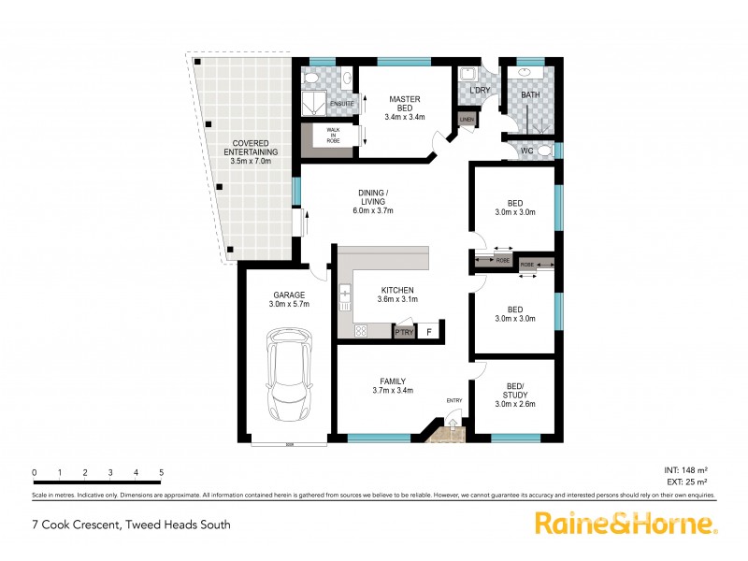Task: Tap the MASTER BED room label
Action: click(x=405, y=108)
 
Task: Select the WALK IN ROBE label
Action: click(x=332, y=134)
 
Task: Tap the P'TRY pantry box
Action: click(x=404, y=332)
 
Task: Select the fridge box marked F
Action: click(x=430, y=332)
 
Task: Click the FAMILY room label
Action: click(x=393, y=385)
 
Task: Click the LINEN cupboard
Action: click(x=465, y=120)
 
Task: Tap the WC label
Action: click(x=526, y=151)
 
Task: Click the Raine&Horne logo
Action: click(x=626, y=524)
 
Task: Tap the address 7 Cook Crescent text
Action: click(x=131, y=525)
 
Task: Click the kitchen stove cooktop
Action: click(x=360, y=331)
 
